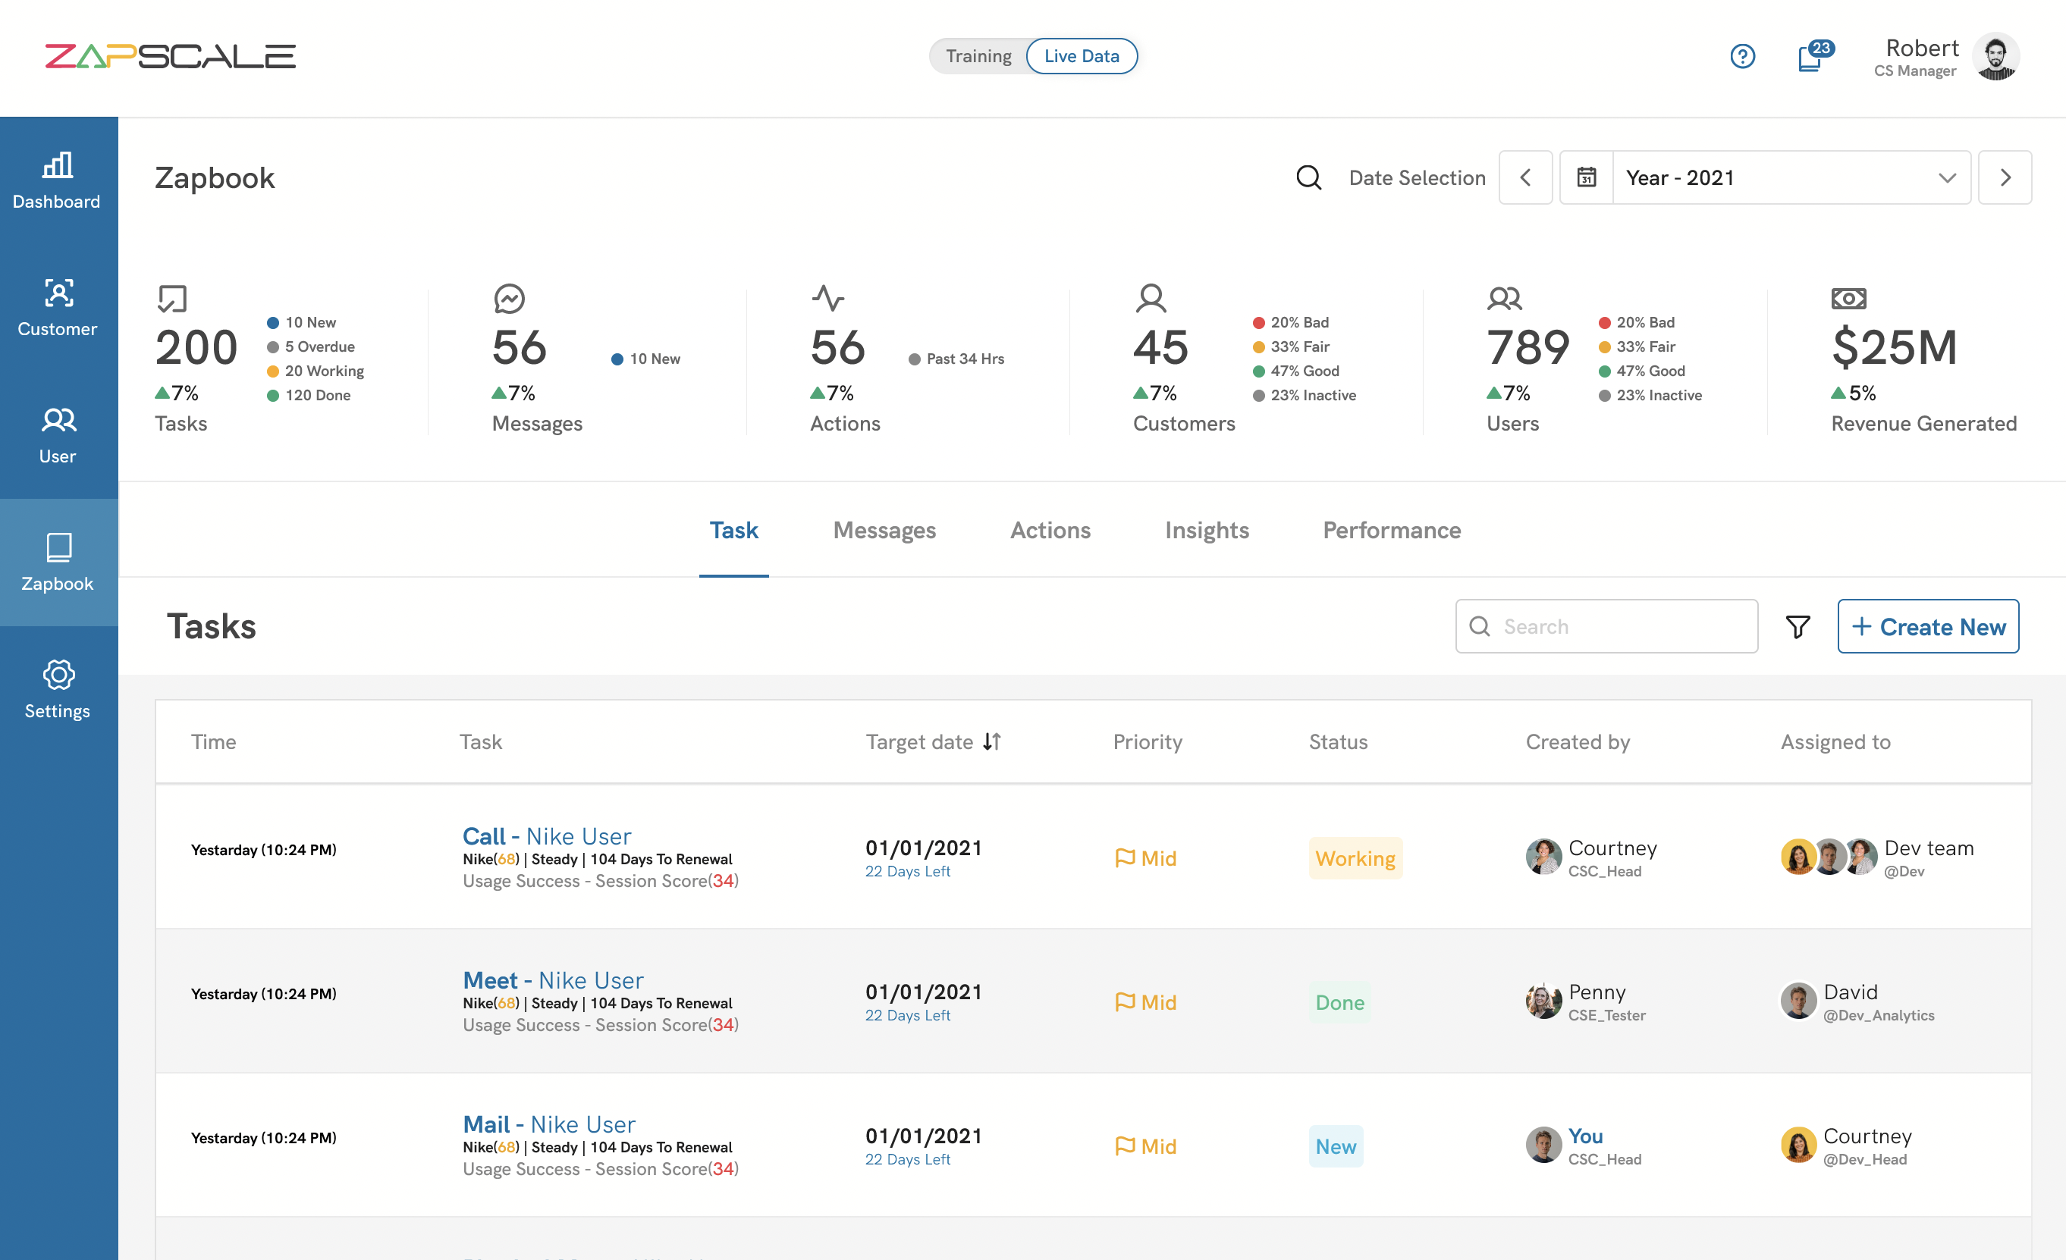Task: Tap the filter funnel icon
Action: (x=1797, y=626)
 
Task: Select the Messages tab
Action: (x=884, y=530)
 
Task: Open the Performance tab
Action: (x=1391, y=530)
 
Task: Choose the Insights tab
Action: (x=1206, y=530)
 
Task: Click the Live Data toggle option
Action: (x=1081, y=56)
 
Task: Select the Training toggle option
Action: (x=978, y=56)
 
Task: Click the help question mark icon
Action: (x=1741, y=56)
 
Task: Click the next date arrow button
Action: (x=2004, y=177)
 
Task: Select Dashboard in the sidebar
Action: (x=57, y=180)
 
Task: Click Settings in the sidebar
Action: (x=57, y=689)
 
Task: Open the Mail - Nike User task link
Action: (x=548, y=1124)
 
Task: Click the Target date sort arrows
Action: (x=991, y=741)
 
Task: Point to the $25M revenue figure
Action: (x=1894, y=347)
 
